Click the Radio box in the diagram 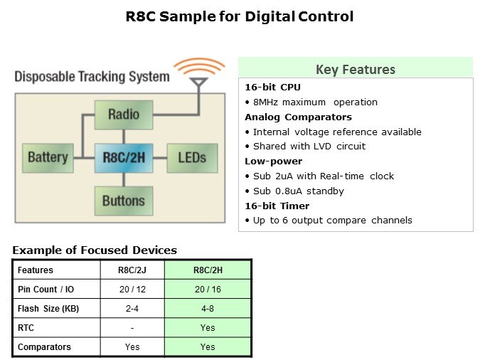[124, 114]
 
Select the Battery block [48, 157]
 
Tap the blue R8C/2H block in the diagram [124, 157]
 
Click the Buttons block [124, 200]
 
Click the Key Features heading [355, 69]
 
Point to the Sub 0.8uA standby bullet [298, 191]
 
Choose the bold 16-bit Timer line [277, 206]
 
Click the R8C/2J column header [132, 270]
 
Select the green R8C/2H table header [208, 270]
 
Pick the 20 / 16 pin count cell [208, 290]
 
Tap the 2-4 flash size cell [132, 309]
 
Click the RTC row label [26, 328]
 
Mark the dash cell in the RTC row [132, 328]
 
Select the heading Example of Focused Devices [95, 250]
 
